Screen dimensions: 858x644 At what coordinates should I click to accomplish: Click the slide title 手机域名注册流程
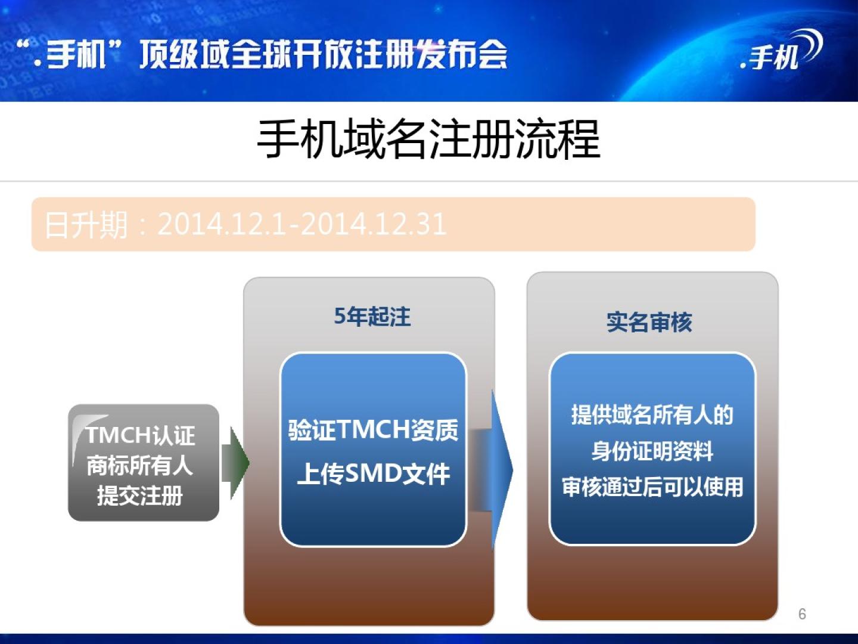click(428, 139)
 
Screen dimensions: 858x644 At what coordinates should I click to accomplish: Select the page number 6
click(802, 614)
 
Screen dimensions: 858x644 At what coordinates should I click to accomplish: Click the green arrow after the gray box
click(235, 463)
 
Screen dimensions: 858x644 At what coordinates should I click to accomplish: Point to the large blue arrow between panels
click(491, 470)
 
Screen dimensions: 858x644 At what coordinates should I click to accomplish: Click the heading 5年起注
click(372, 316)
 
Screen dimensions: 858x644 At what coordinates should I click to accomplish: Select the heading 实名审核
click(649, 323)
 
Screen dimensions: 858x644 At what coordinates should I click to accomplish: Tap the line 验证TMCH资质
click(373, 430)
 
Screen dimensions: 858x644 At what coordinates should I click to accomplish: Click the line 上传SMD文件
click(374, 474)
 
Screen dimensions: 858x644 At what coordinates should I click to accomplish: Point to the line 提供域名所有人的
click(652, 414)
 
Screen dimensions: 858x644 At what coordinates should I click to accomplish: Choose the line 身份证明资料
click(652, 451)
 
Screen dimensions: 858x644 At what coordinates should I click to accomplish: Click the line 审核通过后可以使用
click(652, 487)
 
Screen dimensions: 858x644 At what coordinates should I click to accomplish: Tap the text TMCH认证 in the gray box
click(141, 435)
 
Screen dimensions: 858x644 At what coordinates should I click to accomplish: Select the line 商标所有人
click(139, 466)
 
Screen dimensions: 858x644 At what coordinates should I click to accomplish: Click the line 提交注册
click(139, 496)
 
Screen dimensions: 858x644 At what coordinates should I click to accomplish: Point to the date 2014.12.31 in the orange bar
click(374, 224)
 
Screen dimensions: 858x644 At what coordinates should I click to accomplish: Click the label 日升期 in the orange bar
click(86, 225)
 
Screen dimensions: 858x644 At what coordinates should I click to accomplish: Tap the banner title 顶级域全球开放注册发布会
click(324, 55)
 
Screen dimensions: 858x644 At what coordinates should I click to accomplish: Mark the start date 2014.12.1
click(221, 224)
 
